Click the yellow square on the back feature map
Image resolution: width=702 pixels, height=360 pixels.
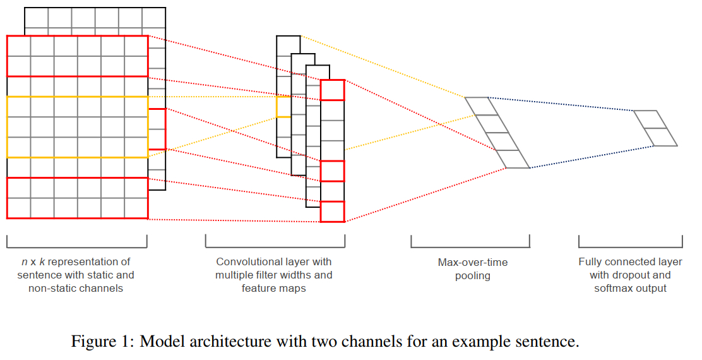[283, 107]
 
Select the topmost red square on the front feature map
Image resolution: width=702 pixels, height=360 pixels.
[332, 90]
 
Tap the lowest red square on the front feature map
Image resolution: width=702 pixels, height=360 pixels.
[332, 212]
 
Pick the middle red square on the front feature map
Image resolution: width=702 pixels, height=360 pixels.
[332, 171]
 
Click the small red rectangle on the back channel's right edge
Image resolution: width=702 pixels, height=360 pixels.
[157, 129]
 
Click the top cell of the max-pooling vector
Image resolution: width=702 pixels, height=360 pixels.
[478, 106]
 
